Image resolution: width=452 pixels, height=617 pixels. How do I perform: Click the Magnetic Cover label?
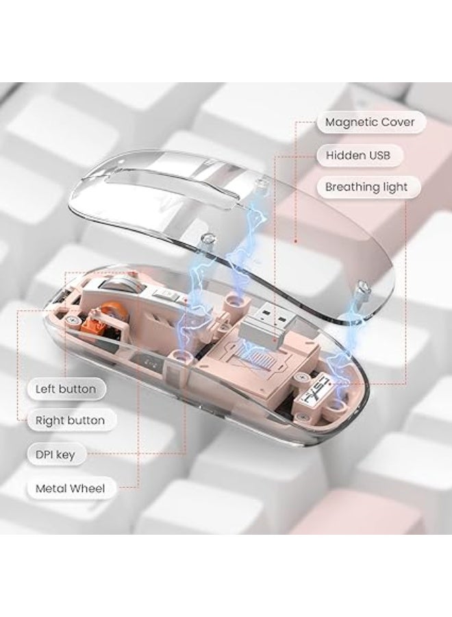[x=370, y=122]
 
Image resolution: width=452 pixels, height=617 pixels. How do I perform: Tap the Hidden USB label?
[x=358, y=155]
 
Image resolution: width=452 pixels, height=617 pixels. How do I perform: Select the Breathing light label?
[x=366, y=187]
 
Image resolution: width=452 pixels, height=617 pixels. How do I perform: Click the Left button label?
[x=66, y=389]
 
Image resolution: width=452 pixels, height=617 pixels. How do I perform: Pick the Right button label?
[x=70, y=420]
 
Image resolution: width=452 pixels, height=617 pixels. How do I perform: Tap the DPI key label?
[x=55, y=455]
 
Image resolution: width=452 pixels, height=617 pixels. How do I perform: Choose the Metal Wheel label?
[x=70, y=489]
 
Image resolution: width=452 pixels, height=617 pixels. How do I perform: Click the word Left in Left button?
[x=44, y=389]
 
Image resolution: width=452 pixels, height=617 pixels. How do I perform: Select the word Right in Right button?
[x=47, y=421]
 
